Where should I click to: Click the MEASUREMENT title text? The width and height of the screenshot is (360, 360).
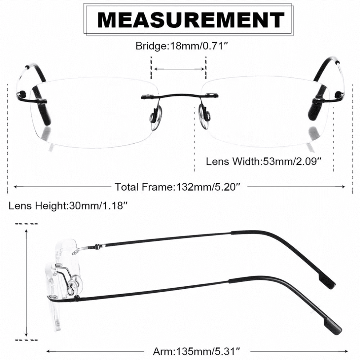[191, 20]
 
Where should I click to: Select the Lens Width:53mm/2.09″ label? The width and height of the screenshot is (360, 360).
[263, 161]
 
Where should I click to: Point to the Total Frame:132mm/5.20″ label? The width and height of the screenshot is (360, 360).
[177, 187]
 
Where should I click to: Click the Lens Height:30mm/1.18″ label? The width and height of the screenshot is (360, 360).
[68, 205]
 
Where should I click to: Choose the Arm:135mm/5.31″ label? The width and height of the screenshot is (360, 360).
[196, 351]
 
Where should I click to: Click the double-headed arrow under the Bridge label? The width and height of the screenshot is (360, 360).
[179, 69]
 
